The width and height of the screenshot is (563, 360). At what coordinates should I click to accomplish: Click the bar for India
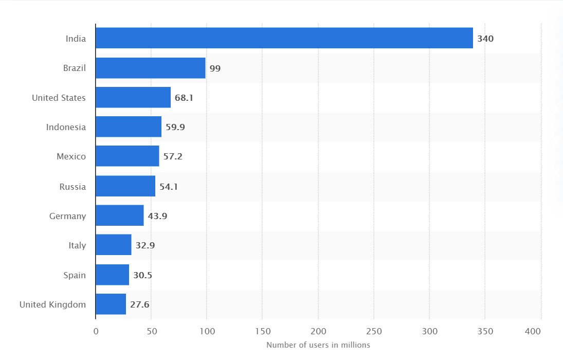[x=284, y=38]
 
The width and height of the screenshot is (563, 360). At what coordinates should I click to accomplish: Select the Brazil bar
[x=150, y=68]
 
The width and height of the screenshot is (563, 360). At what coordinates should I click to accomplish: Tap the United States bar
[x=133, y=97]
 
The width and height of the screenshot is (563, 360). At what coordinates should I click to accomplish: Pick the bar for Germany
[x=119, y=215]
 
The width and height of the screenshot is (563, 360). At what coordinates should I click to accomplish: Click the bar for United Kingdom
[x=111, y=304]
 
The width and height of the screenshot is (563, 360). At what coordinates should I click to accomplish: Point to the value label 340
[x=485, y=39]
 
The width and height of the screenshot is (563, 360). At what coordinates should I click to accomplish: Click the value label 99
[x=215, y=68]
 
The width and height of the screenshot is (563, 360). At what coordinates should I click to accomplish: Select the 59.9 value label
[x=175, y=127]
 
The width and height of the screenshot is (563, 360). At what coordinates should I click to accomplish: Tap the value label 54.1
[x=169, y=186]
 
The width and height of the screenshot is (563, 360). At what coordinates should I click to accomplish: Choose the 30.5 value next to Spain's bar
[x=142, y=275]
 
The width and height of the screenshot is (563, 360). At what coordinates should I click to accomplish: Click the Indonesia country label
[x=66, y=127]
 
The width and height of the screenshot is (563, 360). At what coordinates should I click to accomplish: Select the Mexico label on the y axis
[x=71, y=156]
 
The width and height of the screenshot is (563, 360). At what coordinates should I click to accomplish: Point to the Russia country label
[x=72, y=186]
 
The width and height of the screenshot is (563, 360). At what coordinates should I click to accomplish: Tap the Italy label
[x=77, y=245]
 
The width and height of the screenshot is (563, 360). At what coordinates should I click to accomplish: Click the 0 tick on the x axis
[x=96, y=332]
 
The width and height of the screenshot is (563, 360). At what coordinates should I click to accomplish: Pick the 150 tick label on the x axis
[x=262, y=332]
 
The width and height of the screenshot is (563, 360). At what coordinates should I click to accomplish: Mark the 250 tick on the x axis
[x=374, y=332]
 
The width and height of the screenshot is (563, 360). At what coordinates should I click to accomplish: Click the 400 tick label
[x=534, y=332]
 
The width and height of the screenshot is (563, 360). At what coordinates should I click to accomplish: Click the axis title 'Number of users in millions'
[x=318, y=345]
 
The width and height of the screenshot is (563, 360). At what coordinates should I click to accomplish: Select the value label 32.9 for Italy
[x=145, y=245]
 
